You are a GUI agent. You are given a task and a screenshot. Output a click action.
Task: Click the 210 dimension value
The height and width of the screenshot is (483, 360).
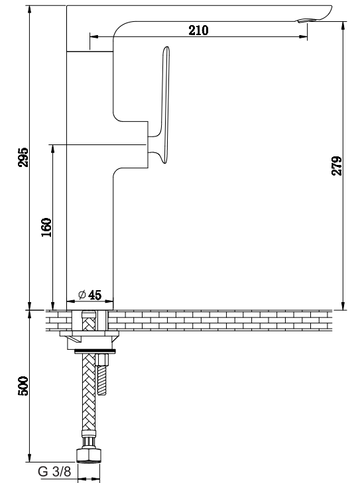198,30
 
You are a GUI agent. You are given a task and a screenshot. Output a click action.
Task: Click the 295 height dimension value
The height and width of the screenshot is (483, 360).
23,157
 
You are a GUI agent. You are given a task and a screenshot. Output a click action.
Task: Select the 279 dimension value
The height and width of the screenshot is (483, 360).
337,166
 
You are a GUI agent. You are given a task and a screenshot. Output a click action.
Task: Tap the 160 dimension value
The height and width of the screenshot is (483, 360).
46,227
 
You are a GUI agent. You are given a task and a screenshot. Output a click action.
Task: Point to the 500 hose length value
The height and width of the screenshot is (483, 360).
23,386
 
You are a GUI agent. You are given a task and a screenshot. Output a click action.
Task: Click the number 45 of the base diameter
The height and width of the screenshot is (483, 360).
95,295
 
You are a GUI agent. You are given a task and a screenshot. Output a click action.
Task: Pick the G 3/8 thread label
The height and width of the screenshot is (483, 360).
54,472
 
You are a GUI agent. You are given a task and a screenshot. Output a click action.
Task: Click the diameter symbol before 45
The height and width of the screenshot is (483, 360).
82,294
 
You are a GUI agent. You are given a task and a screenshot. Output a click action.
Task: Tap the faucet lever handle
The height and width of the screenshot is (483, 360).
163,105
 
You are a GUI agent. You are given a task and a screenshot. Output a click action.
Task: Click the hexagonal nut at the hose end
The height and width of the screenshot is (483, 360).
89,456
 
